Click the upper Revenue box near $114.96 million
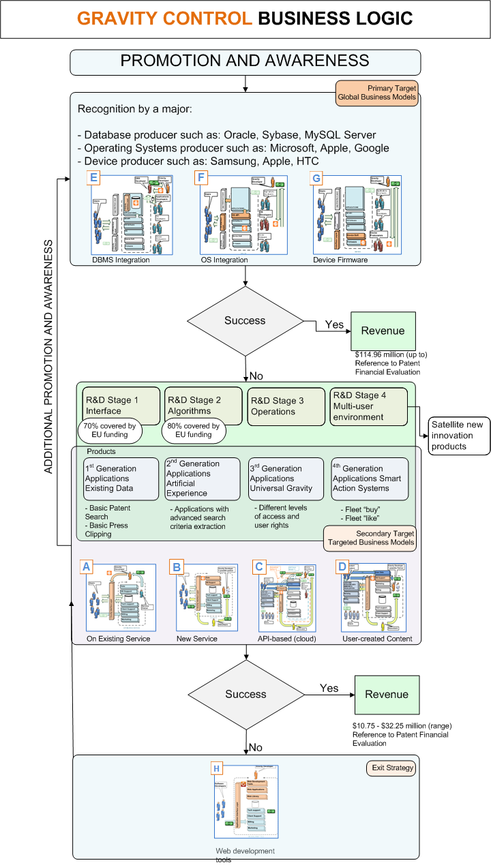coord(383,331)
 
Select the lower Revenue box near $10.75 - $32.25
coord(386,695)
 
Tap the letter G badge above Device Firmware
coord(315,179)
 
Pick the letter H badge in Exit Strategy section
coord(217,769)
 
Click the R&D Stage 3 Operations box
coord(286,406)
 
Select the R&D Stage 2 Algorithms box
coord(203,406)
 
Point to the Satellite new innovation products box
coord(459,435)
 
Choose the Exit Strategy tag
coord(392,768)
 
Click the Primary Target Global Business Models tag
coord(376,93)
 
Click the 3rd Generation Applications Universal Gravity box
coord(286,479)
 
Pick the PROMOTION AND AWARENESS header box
coord(245,61)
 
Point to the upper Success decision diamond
coord(245,320)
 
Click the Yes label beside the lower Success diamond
coord(329,688)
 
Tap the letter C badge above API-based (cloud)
coord(258,566)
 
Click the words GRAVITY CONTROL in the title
coord(164,18)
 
